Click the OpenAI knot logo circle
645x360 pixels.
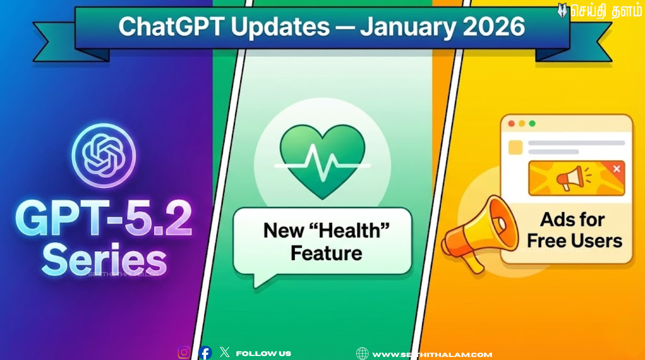point(103,155)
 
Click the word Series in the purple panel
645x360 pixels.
point(104,260)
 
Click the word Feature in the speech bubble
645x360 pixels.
point(327,253)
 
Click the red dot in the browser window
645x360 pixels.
point(511,124)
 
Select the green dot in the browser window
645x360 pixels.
point(532,124)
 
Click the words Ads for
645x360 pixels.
point(572,220)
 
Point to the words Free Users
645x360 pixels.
point(574,241)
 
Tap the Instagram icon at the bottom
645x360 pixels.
point(184,352)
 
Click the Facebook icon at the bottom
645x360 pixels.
point(205,353)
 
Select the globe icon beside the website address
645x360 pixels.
point(362,353)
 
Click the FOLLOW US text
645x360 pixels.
point(264,354)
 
